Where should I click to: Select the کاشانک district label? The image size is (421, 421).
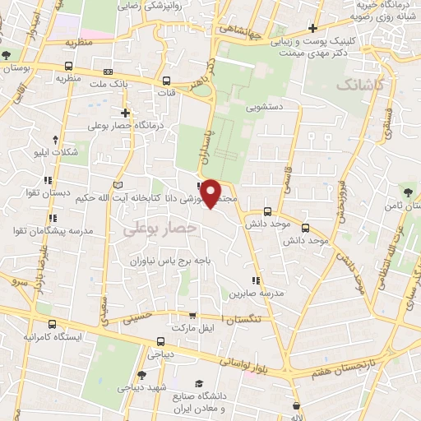point(359,85)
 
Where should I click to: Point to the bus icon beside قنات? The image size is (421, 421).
point(167,81)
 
